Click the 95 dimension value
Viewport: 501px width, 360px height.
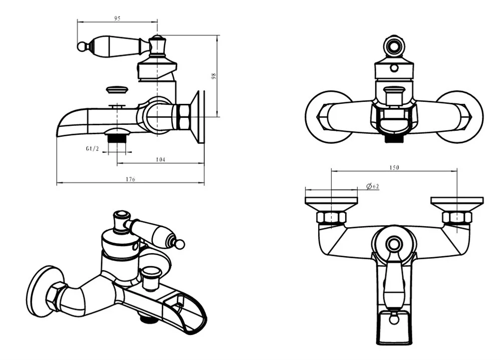tap(117, 19)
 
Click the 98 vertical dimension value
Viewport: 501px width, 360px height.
tap(213, 76)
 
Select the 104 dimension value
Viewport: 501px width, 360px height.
tap(161, 159)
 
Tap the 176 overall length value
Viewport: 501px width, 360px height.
tap(130, 179)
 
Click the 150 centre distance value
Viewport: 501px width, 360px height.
tap(394, 167)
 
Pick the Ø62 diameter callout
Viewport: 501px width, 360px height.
tap(372, 187)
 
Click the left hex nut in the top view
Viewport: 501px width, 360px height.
tap(331, 218)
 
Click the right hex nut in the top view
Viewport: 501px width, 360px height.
tap(457, 218)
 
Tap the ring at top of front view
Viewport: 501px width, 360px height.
tap(394, 47)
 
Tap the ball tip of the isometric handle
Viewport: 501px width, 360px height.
tap(179, 244)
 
